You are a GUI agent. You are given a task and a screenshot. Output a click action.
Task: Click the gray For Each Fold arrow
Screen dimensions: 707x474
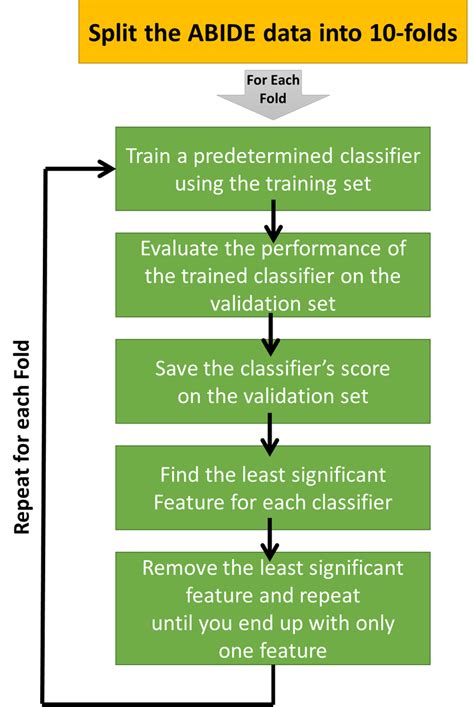point(272,95)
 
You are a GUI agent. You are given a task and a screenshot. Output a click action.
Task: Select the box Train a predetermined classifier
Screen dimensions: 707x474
point(272,169)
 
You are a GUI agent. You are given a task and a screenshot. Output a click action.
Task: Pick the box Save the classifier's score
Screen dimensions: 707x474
point(272,381)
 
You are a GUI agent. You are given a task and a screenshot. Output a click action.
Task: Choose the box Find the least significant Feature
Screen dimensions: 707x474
point(272,486)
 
